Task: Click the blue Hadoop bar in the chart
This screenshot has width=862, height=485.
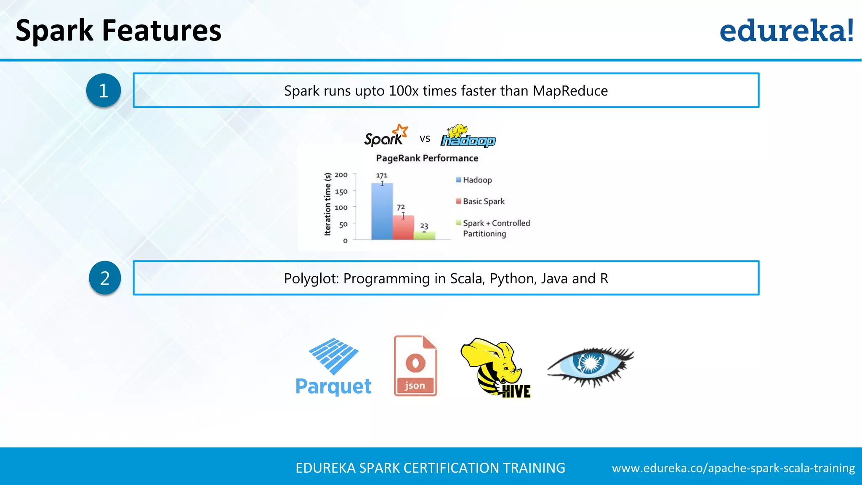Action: coord(382,213)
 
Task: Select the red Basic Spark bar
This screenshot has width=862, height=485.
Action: coord(403,229)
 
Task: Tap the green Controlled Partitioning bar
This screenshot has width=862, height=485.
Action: coord(424,236)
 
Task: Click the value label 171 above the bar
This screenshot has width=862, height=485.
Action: coord(382,175)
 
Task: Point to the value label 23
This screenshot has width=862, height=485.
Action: coord(424,226)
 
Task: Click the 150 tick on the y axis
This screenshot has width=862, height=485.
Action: coord(341,192)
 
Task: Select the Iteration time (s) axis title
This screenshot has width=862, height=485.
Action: coord(327,204)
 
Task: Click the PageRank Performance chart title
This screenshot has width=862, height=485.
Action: coord(427,158)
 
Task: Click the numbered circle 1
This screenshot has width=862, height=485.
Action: coord(104,91)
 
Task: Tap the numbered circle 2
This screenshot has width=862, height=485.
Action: coord(105,278)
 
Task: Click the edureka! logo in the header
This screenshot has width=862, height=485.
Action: coord(786,31)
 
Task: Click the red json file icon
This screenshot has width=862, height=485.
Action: coord(415,365)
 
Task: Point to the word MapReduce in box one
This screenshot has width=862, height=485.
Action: coord(570,91)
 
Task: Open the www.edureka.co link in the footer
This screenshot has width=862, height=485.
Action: coord(733,468)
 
